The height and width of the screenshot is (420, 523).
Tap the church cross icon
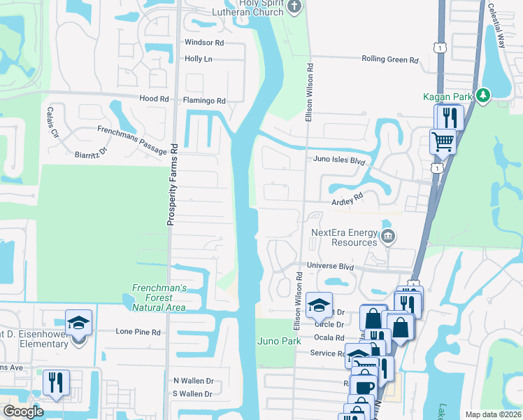294,7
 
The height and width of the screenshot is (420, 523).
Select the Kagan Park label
448,96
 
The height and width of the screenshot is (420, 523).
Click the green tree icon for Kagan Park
482,95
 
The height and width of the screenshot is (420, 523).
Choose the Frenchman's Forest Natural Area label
159,297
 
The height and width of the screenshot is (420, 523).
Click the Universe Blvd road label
331,267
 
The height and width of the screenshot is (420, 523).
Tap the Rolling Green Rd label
389,59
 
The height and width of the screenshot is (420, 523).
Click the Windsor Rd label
204,43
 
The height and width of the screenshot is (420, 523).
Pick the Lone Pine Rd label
138,332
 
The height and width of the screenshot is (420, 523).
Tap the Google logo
23,412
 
